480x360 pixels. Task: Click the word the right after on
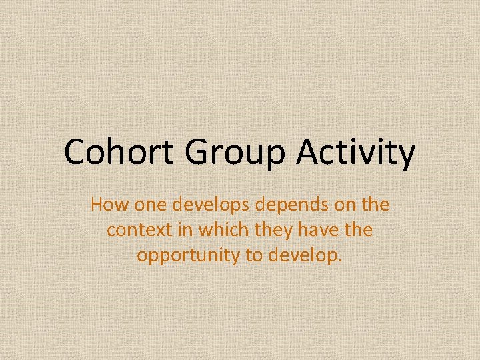pyautogui.click(x=375, y=205)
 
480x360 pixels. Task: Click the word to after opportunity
pyautogui.click(x=255, y=255)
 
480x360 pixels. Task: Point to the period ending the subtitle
pyautogui.click(x=340, y=260)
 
